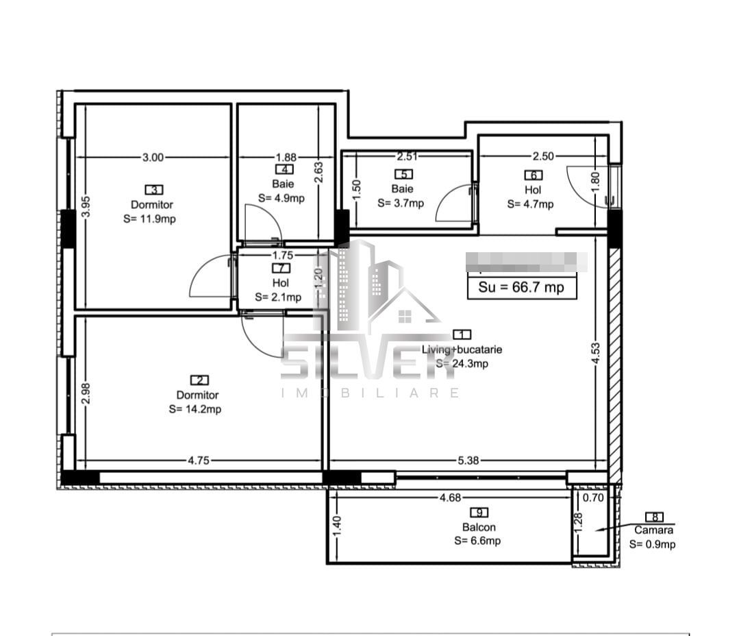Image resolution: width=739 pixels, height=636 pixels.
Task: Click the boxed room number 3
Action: click(x=153, y=189)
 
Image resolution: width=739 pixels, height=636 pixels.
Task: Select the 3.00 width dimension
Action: click(x=153, y=157)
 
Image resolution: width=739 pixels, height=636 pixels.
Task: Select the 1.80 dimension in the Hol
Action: click(x=595, y=180)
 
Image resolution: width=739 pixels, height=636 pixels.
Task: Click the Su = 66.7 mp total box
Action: click(x=521, y=287)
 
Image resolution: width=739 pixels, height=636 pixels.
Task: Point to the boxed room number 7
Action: click(x=280, y=268)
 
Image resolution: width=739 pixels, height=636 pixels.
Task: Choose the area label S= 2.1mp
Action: click(x=278, y=297)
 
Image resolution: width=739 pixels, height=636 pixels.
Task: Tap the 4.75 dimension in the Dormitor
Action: click(x=199, y=461)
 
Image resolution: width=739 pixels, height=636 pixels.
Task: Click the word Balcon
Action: click(x=479, y=527)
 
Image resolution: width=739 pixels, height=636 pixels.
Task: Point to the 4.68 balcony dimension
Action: click(x=449, y=498)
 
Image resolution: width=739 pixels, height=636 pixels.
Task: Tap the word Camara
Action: click(x=653, y=530)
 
